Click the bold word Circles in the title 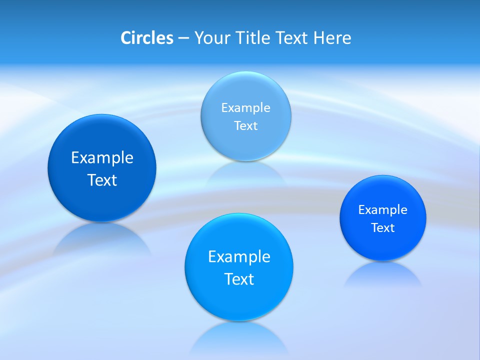(x=147, y=38)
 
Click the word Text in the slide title (x=292, y=38)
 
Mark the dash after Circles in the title (x=183, y=38)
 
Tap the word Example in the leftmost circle (x=102, y=157)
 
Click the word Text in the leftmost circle (x=102, y=180)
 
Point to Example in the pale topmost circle (x=245, y=107)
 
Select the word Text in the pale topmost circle (x=245, y=125)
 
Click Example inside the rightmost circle (x=383, y=209)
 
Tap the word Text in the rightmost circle (x=383, y=227)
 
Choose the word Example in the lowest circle (x=239, y=256)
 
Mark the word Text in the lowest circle (x=239, y=279)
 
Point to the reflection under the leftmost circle (x=102, y=239)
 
